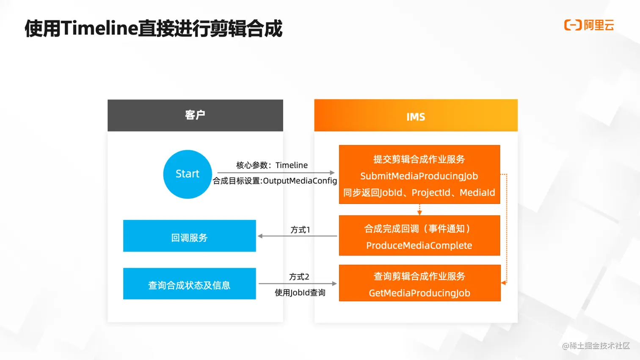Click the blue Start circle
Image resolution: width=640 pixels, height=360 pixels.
(188, 174)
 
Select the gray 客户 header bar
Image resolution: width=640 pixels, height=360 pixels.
(195, 115)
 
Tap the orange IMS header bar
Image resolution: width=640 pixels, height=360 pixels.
(416, 115)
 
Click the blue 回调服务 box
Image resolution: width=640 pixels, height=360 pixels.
(189, 236)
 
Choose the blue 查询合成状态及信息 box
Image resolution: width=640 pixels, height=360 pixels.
(189, 284)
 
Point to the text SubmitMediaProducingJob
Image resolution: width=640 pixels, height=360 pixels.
(419, 176)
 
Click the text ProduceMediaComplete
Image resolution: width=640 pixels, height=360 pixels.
(419, 246)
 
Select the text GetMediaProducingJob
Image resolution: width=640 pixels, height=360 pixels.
(419, 293)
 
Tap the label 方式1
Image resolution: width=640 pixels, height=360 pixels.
(300, 230)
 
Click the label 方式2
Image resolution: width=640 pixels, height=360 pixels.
(299, 277)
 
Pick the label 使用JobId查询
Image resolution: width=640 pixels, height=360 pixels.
(300, 293)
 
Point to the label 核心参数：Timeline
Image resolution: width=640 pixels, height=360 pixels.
(272, 165)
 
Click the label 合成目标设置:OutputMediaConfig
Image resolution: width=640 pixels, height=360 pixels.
(275, 181)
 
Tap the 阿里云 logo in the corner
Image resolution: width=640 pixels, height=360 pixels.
(589, 25)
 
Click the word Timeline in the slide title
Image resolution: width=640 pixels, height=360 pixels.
(100, 29)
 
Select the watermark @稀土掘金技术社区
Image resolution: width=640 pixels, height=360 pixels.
(596, 346)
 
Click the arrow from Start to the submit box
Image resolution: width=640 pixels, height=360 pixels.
(276, 173)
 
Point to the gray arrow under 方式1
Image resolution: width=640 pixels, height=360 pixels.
(297, 236)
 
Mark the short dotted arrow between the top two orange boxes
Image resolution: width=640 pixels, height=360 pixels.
(419, 209)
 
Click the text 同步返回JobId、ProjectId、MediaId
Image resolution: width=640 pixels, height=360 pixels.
(419, 193)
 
